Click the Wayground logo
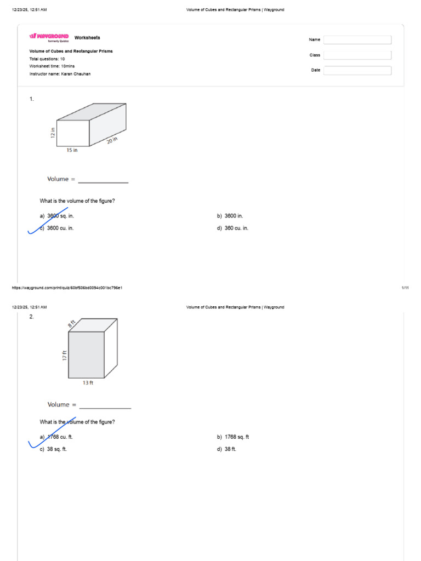49,37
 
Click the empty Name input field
357,39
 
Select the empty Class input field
357,55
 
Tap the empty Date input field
357,70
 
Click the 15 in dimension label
72,150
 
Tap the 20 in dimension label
112,141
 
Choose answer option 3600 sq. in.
60,216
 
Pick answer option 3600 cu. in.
60,228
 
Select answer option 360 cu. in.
236,228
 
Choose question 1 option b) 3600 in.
234,216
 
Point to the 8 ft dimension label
71,324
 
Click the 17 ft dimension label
65,355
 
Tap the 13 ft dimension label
88,383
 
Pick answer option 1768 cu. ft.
59,437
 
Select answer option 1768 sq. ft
236,437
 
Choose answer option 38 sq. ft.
56,449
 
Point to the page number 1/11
405,288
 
